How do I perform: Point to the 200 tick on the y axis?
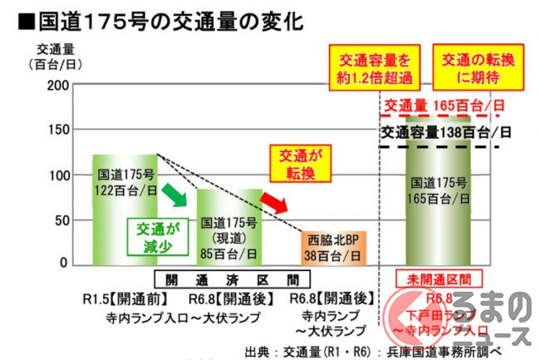pyautogui.click(x=57, y=86)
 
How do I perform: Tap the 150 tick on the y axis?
pyautogui.click(x=57, y=131)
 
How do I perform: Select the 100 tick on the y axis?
pyautogui.click(x=57, y=175)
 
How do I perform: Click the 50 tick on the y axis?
pyautogui.click(x=60, y=220)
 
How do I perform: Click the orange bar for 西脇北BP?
pyautogui.click(x=331, y=247)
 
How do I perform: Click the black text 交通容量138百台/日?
pyautogui.click(x=446, y=132)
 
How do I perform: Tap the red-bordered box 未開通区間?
pyautogui.click(x=437, y=279)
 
